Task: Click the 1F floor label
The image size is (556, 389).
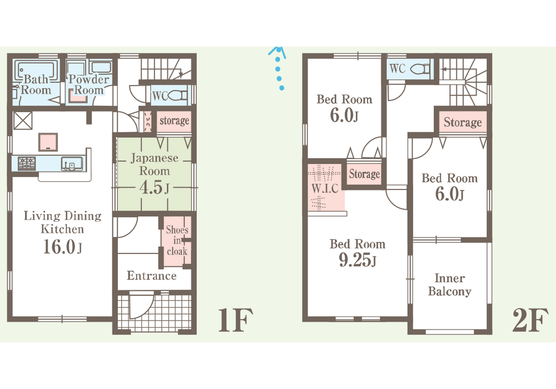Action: coord(235,320)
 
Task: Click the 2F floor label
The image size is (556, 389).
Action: coord(530,320)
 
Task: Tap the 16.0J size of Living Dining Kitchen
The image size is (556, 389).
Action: coord(62,247)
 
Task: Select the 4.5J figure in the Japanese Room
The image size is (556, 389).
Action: coord(154,187)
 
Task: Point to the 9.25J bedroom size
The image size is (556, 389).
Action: coord(358,261)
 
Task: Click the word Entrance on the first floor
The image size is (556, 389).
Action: coord(152,276)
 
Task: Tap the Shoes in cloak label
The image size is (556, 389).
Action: coord(177,241)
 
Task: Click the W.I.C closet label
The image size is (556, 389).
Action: coord(325,188)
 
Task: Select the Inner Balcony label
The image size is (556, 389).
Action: coord(450,285)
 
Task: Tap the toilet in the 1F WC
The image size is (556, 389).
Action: coord(178,95)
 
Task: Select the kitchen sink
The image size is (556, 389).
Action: coord(72,164)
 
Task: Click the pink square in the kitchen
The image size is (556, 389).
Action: coord(48,142)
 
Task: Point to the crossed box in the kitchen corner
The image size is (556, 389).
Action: coord(23,121)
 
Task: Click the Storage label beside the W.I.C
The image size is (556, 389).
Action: coord(364,174)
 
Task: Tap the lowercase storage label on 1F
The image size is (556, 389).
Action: coord(174,121)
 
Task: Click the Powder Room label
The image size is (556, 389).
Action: coord(88,84)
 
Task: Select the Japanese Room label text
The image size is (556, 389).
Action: coord(154,164)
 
